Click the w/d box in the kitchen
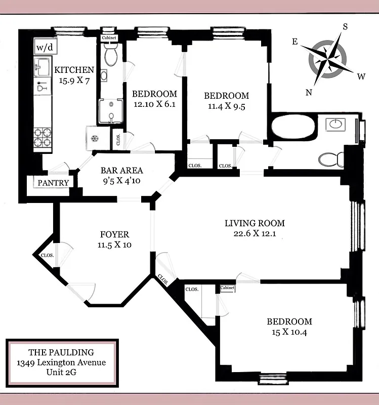point(43,48)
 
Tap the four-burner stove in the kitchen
point(43,137)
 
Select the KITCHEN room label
point(74,70)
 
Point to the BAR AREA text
point(121,171)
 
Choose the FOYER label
point(114,234)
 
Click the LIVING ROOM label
point(255,223)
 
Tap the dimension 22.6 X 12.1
point(255,234)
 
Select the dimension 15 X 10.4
point(289,332)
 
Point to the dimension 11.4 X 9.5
point(226,106)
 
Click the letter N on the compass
point(309,92)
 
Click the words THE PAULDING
point(61,352)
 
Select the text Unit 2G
point(61,374)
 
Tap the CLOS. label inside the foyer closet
point(47,256)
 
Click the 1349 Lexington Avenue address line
point(61,363)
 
